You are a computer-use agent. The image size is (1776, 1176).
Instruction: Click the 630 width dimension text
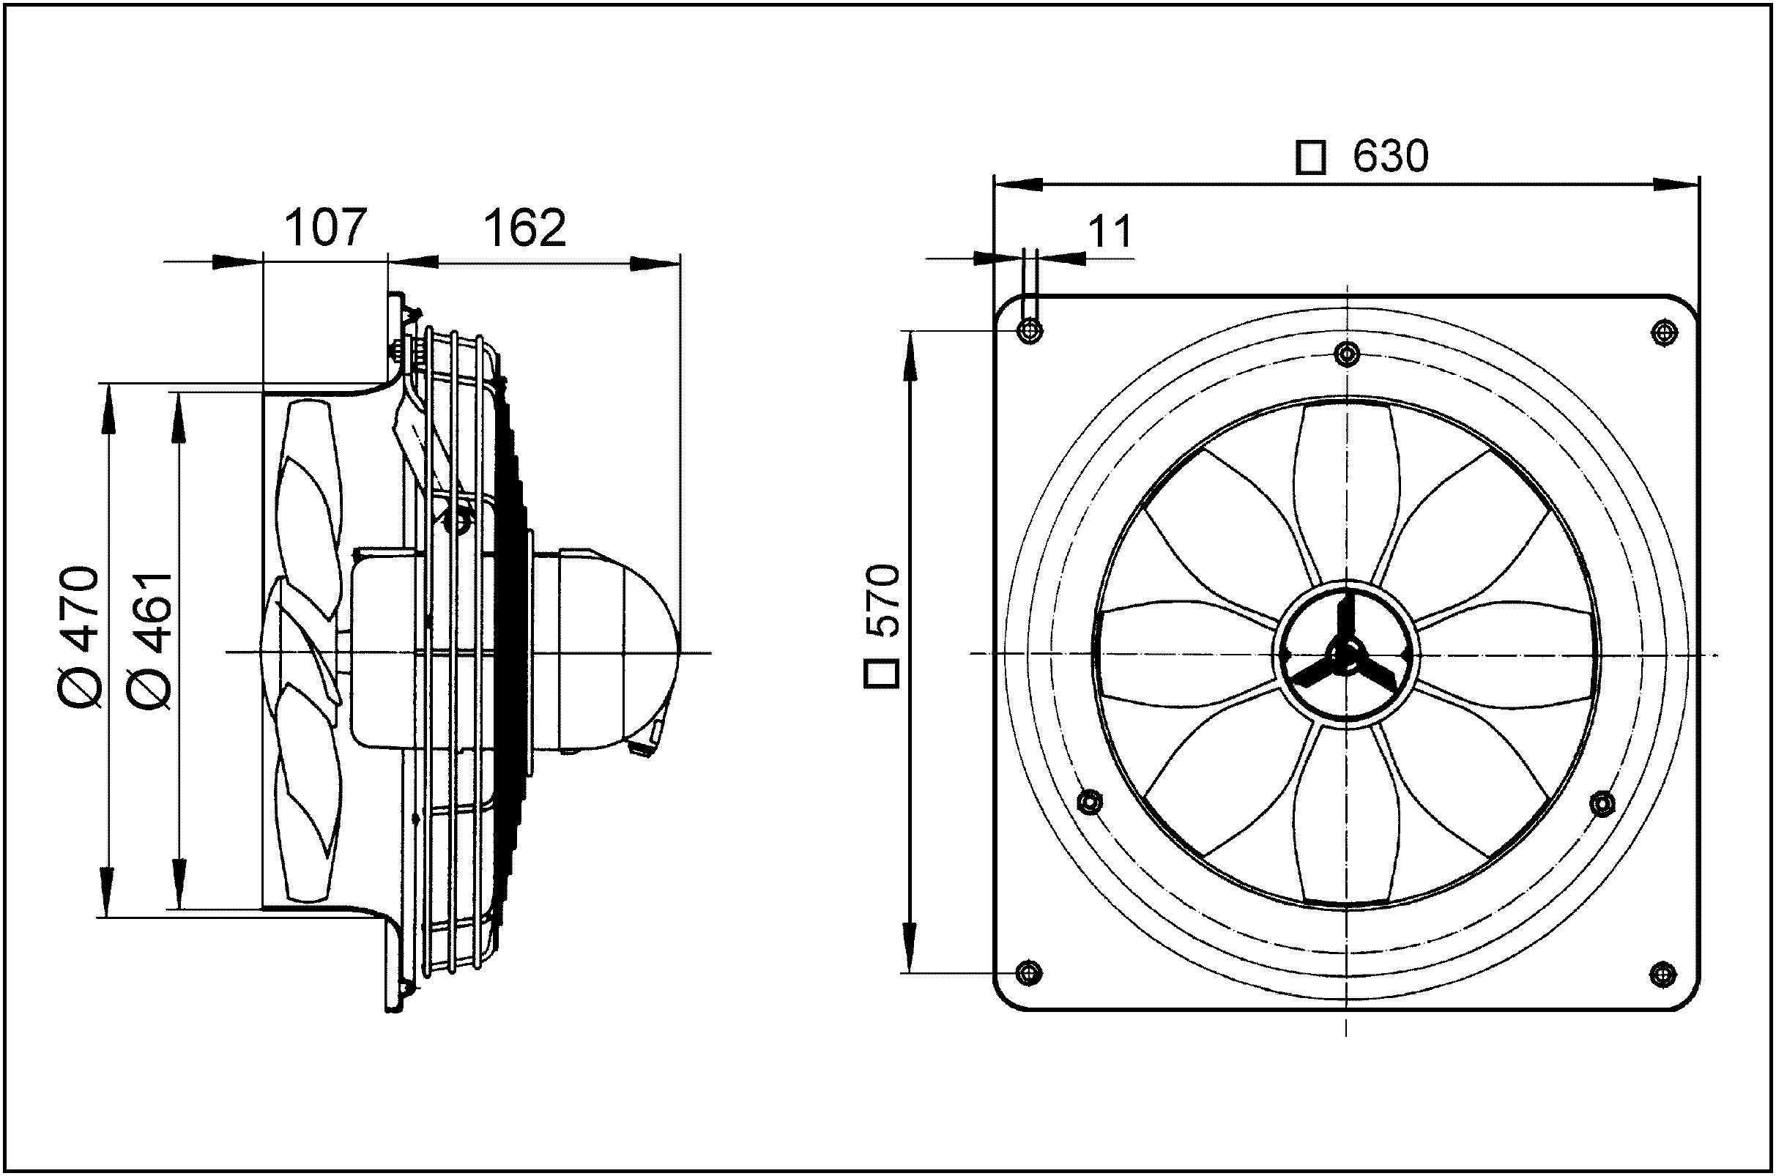point(1391,157)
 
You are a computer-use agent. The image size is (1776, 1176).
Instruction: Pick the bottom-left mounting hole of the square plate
point(1029,972)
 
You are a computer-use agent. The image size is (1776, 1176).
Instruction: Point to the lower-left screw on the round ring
point(1089,803)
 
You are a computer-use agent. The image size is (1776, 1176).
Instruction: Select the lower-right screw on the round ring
point(1602,803)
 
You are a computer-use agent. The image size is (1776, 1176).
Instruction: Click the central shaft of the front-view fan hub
point(1348,653)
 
